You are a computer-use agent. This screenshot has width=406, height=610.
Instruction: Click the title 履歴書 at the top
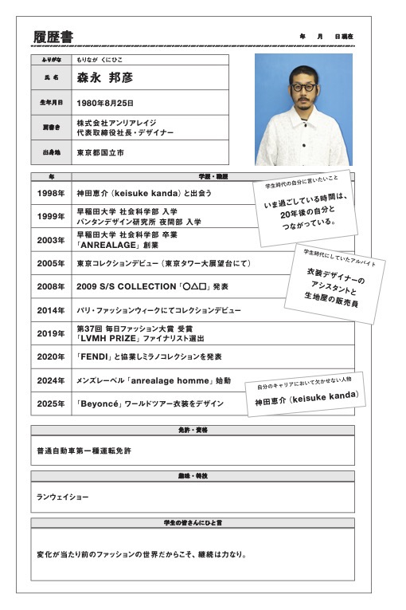pos(54,37)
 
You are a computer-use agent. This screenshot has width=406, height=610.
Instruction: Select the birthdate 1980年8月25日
pos(105,103)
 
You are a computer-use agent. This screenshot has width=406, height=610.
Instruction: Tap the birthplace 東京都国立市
pos(100,152)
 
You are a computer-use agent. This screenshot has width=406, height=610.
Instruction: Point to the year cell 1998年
pos(51,193)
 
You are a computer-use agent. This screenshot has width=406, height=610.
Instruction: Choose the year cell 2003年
pos(51,239)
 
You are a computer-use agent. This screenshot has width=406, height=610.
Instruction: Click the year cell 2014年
pos(51,309)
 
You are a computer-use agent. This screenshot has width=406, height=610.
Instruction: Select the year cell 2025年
pos(51,403)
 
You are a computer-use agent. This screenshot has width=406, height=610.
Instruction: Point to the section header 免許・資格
pos(193,430)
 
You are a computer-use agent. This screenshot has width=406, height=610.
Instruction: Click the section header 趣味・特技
pos(193,476)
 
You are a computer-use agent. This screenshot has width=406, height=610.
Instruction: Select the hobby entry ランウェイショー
pos(62,497)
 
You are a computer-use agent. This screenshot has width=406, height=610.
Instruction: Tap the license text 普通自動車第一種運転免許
pos(84,451)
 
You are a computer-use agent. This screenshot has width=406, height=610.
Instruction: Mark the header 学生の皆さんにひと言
pos(193,522)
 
